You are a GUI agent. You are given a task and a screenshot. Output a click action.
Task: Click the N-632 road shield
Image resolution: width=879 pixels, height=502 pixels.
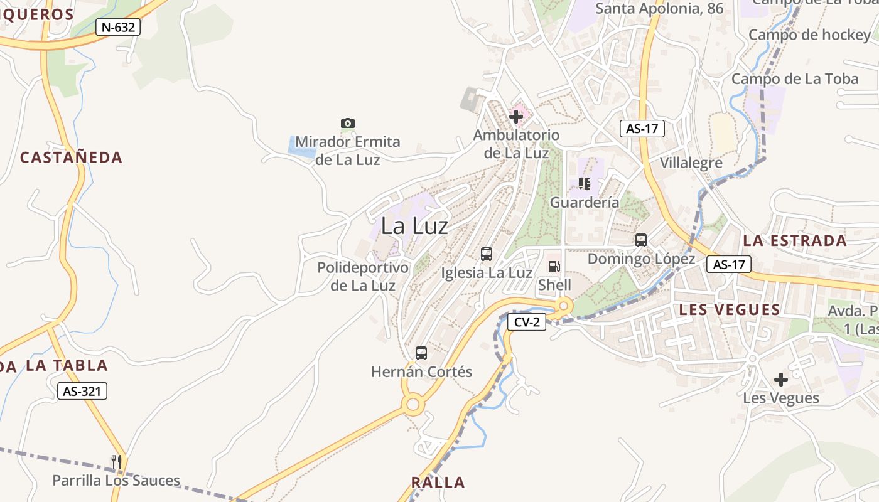click(118, 27)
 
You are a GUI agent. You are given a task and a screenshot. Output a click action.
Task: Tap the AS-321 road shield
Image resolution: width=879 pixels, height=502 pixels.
click(83, 391)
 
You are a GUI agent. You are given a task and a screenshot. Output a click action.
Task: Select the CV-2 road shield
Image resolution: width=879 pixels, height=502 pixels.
click(527, 322)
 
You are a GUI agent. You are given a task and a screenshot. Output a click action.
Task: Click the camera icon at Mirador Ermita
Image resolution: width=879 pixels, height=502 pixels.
click(348, 123)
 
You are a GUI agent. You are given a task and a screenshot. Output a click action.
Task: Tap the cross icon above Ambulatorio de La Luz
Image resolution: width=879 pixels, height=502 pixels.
click(516, 117)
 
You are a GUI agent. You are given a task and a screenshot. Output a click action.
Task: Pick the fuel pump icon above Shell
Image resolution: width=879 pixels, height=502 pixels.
click(554, 267)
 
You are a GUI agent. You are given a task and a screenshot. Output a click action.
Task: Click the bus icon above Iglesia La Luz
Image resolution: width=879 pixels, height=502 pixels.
click(487, 254)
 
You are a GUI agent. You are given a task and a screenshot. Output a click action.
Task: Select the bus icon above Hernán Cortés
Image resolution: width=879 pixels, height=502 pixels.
click(421, 353)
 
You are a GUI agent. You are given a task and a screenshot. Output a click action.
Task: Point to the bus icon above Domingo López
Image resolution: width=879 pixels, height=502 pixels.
click(641, 240)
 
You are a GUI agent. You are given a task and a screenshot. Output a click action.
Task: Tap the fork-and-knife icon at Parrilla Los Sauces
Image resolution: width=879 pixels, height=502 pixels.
click(116, 462)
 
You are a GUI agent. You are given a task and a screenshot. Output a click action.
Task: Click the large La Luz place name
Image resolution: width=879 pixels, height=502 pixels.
click(414, 226)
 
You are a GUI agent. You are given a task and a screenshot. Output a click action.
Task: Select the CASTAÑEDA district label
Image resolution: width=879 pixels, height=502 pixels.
click(71, 157)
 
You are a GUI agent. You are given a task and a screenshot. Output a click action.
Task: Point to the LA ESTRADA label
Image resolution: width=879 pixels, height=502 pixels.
click(795, 240)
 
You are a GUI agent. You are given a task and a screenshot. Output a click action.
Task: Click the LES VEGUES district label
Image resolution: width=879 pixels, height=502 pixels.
click(730, 309)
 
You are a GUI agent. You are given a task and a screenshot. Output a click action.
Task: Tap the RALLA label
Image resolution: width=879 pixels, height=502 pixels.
click(438, 483)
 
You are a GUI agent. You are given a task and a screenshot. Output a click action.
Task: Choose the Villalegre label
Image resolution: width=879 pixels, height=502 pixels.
click(691, 163)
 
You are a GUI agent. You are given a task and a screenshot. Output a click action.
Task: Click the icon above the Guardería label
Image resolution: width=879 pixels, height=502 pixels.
click(585, 184)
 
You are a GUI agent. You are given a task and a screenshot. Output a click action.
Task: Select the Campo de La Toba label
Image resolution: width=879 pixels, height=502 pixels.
click(794, 79)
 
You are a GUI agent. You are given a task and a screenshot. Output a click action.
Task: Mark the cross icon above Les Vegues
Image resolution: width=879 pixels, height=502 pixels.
click(781, 380)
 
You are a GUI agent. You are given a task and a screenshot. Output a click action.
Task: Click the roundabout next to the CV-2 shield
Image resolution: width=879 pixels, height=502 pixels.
click(563, 306)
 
